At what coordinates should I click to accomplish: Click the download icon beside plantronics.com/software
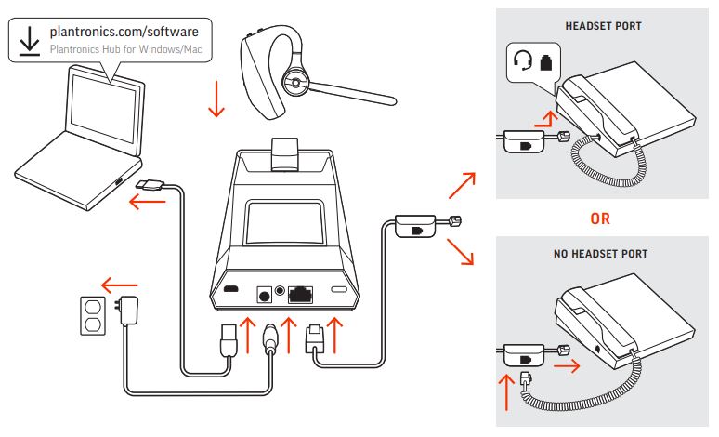click(x=30, y=41)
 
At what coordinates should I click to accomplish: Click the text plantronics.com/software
click(x=124, y=32)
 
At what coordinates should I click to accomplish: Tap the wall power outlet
click(x=93, y=316)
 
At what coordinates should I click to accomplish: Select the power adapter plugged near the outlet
click(x=127, y=310)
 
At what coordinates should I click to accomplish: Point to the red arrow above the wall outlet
click(x=119, y=285)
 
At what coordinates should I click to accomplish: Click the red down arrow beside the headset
click(x=216, y=99)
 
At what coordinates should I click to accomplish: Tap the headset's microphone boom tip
click(x=391, y=99)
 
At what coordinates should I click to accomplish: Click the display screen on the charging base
click(x=284, y=222)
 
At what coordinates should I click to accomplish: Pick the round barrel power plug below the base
click(x=270, y=338)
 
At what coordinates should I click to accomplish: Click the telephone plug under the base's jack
click(x=315, y=338)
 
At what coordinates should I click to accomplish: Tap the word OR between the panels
click(x=600, y=218)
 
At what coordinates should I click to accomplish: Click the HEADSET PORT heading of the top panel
click(x=603, y=26)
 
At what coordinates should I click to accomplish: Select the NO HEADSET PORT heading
click(x=600, y=254)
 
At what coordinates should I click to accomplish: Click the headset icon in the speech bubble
click(x=522, y=60)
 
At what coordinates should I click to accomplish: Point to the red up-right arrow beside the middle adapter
click(x=463, y=185)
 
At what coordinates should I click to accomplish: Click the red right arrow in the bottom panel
click(x=567, y=365)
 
